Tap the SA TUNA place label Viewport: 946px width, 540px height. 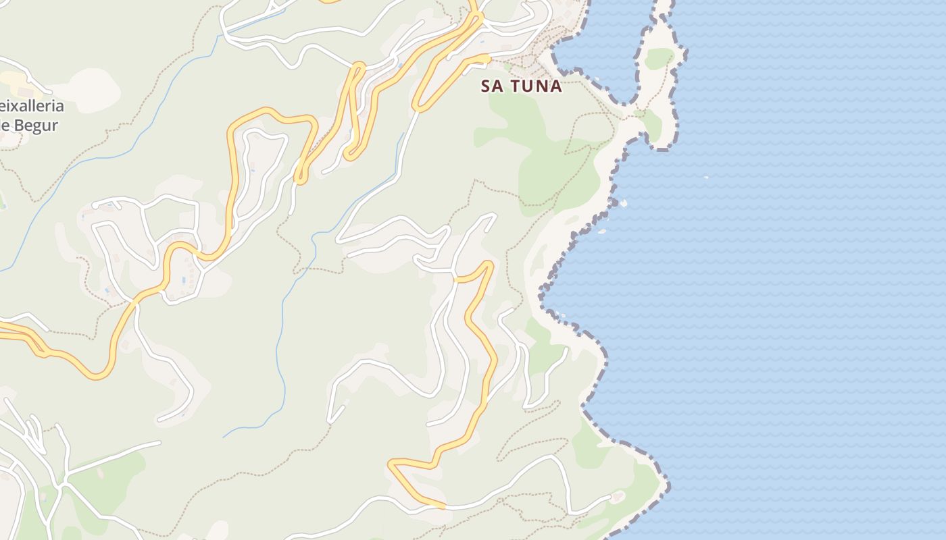(x=521, y=86)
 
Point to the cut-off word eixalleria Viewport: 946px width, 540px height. (x=32, y=106)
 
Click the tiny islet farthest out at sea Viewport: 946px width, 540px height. (x=706, y=178)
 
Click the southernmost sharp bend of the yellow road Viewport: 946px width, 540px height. (x=392, y=463)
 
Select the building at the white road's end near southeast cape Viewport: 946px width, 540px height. (x=617, y=497)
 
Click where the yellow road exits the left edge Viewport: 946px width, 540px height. (x=2, y=329)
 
